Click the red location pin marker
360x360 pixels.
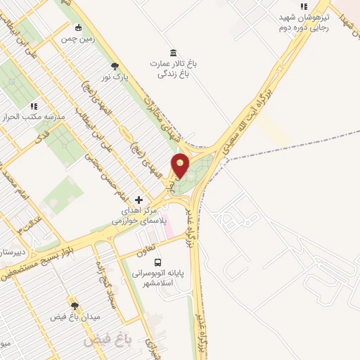tap(181, 166)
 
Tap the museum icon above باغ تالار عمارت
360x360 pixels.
tap(173, 52)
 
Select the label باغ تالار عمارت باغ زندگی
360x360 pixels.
tap(173, 67)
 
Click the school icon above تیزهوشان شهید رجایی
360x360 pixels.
tap(304, 6)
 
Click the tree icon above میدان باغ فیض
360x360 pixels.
tap(75, 306)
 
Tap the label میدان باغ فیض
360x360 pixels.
tap(75, 317)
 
